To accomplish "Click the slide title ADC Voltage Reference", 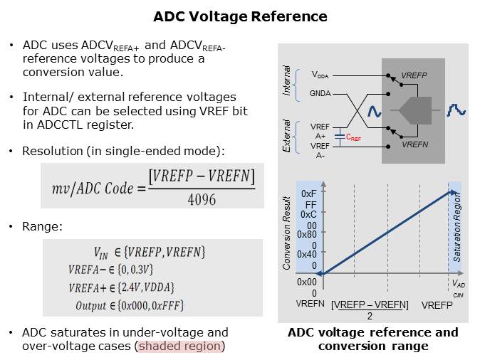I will click(x=241, y=17).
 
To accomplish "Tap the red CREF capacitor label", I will click(x=352, y=139).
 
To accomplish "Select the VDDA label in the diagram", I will click(x=319, y=74).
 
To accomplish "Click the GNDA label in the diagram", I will click(x=320, y=93).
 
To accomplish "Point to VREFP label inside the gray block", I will click(x=414, y=75).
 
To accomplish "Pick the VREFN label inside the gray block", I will click(x=414, y=144).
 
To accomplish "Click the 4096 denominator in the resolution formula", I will click(x=202, y=200).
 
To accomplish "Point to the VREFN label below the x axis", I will click(x=310, y=302).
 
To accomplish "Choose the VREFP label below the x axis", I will click(x=437, y=305).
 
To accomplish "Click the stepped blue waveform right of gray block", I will click(x=456, y=110).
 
